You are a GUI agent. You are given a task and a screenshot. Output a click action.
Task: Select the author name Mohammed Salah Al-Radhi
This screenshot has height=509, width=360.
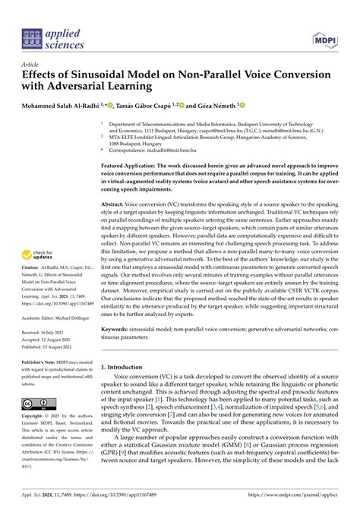[x=68, y=105]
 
